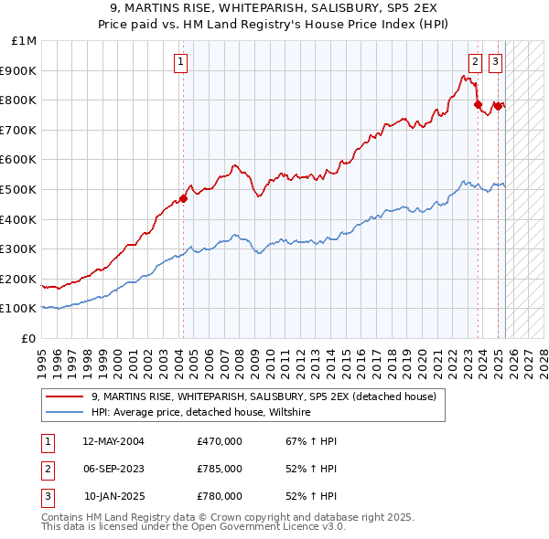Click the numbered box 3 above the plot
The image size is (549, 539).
point(495,62)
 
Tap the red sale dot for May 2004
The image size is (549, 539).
point(183,198)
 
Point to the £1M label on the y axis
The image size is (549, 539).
point(25,41)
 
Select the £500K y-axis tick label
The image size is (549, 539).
point(19,189)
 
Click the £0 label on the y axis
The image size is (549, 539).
point(28,338)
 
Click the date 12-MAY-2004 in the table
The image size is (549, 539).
point(113,441)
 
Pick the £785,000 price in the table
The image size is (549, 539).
point(219,469)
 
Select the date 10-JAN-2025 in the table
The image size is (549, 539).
point(113,496)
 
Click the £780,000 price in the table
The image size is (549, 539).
point(219,496)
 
